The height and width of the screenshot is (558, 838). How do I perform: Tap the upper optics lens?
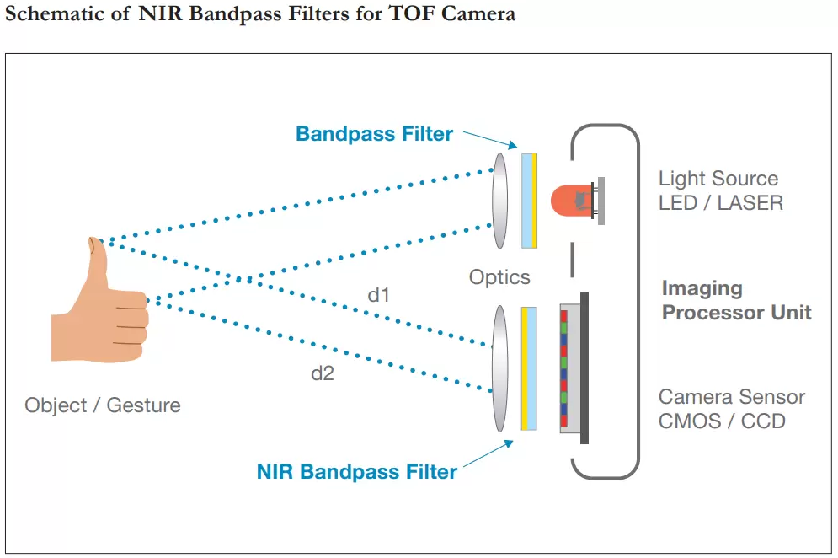(500, 200)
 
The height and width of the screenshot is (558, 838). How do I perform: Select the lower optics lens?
(500, 368)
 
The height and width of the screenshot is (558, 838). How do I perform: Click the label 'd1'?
(378, 295)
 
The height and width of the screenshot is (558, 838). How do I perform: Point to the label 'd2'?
(322, 373)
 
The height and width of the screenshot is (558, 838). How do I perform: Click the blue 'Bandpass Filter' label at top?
(374, 134)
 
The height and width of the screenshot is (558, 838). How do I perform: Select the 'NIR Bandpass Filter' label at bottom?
(356, 472)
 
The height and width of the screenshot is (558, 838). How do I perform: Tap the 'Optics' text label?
(499, 277)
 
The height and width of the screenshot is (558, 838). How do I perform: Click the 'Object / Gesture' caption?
(102, 405)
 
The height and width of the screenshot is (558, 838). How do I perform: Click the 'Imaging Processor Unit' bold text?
(735, 301)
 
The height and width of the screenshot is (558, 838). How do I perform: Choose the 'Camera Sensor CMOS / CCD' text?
(731, 409)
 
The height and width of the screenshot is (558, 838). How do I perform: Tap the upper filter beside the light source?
(529, 200)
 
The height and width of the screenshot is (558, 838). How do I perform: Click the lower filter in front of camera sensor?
(529, 368)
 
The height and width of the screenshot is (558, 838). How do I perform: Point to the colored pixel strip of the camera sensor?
(564, 368)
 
